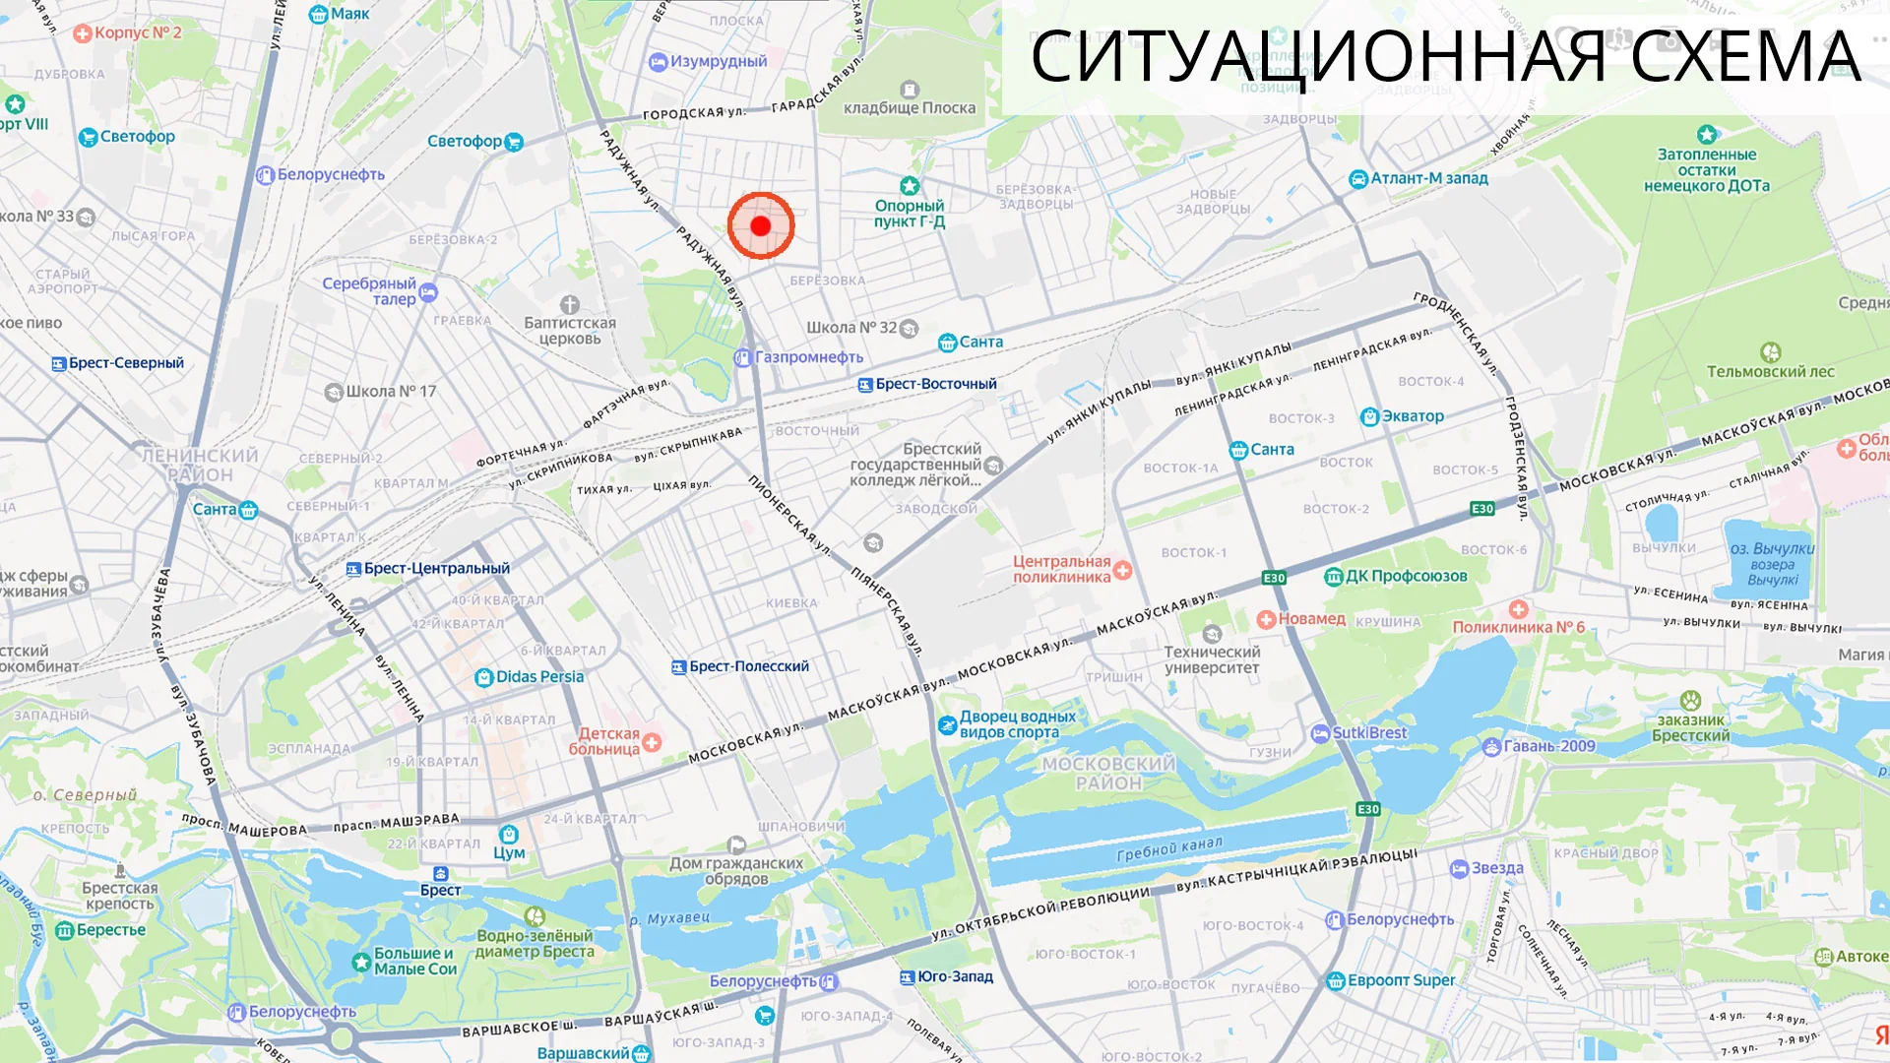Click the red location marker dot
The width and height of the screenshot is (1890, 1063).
click(x=760, y=225)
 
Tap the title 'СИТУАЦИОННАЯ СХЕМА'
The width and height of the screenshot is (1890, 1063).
click(x=1445, y=57)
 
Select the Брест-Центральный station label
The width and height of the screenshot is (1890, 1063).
click(x=436, y=569)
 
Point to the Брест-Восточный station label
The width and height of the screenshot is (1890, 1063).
click(x=935, y=384)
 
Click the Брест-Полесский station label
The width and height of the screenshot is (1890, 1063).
click(x=748, y=666)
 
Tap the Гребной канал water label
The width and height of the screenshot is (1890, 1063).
click(x=1169, y=848)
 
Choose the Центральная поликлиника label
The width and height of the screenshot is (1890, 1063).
click(x=1062, y=569)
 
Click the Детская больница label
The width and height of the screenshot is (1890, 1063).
click(x=605, y=741)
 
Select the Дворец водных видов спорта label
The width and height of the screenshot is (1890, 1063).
click(x=1018, y=724)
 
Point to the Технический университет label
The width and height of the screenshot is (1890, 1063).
click(x=1212, y=659)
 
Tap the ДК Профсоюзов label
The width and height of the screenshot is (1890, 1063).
click(x=1406, y=576)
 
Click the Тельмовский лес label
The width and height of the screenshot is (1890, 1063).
click(x=1770, y=371)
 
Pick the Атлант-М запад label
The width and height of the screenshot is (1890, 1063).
click(x=1428, y=178)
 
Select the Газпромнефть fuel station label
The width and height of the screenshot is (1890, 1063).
click(x=808, y=357)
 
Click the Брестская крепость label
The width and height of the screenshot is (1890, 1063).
click(x=120, y=896)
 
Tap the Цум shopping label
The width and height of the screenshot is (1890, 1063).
click(x=509, y=852)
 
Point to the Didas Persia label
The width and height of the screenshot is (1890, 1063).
click(x=539, y=676)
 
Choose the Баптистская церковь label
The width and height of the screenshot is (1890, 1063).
click(x=570, y=331)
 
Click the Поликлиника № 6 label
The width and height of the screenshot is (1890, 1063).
click(x=1518, y=627)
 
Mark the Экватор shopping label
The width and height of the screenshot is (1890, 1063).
click(x=1413, y=416)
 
